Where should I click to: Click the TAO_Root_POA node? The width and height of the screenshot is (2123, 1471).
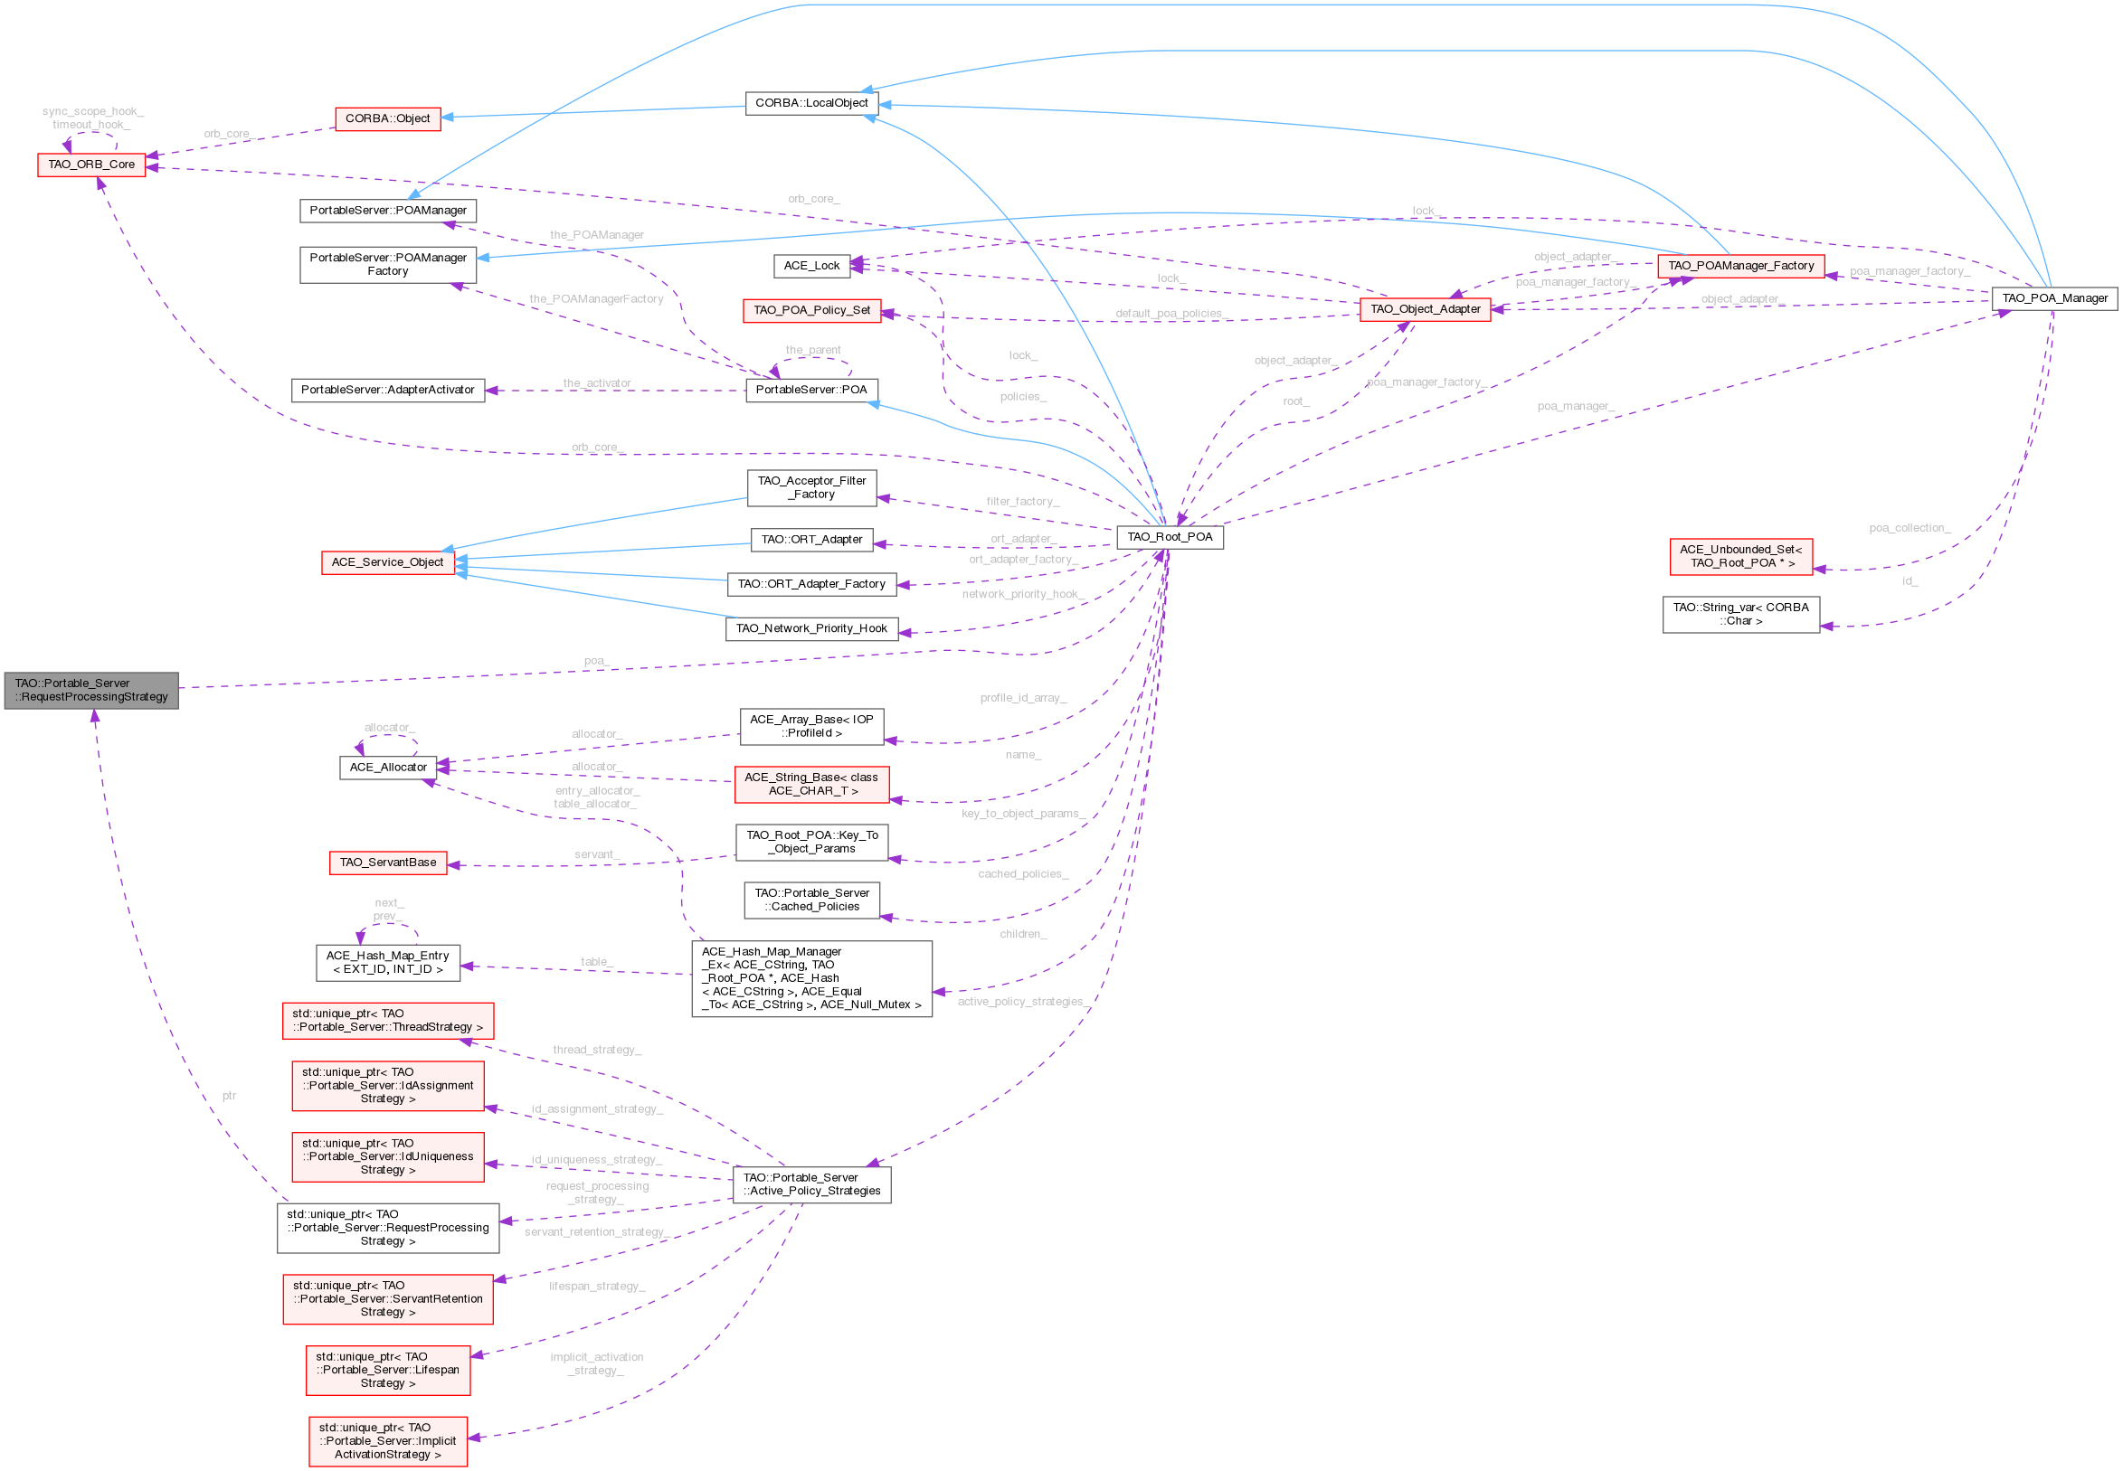point(1170,536)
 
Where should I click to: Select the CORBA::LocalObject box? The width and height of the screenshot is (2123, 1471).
point(811,102)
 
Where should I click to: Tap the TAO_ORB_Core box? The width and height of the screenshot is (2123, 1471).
point(91,164)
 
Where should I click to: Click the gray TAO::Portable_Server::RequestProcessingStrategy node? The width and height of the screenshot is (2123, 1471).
point(91,690)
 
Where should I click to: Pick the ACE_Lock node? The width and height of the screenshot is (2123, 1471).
point(811,266)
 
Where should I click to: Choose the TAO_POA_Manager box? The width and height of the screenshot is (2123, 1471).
point(2054,297)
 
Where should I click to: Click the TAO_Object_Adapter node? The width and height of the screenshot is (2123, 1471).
point(1425,309)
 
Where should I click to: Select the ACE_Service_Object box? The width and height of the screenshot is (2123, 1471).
point(387,561)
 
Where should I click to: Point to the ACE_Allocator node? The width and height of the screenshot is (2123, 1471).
point(387,767)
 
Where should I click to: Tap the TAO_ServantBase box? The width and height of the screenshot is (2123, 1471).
point(387,862)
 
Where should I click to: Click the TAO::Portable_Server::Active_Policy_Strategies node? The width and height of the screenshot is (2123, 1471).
point(811,1183)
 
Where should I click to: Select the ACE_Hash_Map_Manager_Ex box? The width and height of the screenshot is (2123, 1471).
point(811,978)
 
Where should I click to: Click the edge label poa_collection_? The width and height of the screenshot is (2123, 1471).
point(1910,527)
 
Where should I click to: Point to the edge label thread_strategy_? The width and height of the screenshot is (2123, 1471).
point(596,1050)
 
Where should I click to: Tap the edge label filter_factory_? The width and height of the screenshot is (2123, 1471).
point(1022,502)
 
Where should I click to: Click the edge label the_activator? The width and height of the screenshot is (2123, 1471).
point(596,382)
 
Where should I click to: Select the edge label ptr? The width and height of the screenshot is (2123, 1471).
point(229,1096)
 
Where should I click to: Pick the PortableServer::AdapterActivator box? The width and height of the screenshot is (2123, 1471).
point(387,389)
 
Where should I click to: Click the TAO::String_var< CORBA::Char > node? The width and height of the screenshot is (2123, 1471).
point(1739,614)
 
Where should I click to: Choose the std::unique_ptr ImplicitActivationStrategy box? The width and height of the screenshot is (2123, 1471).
point(387,1440)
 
